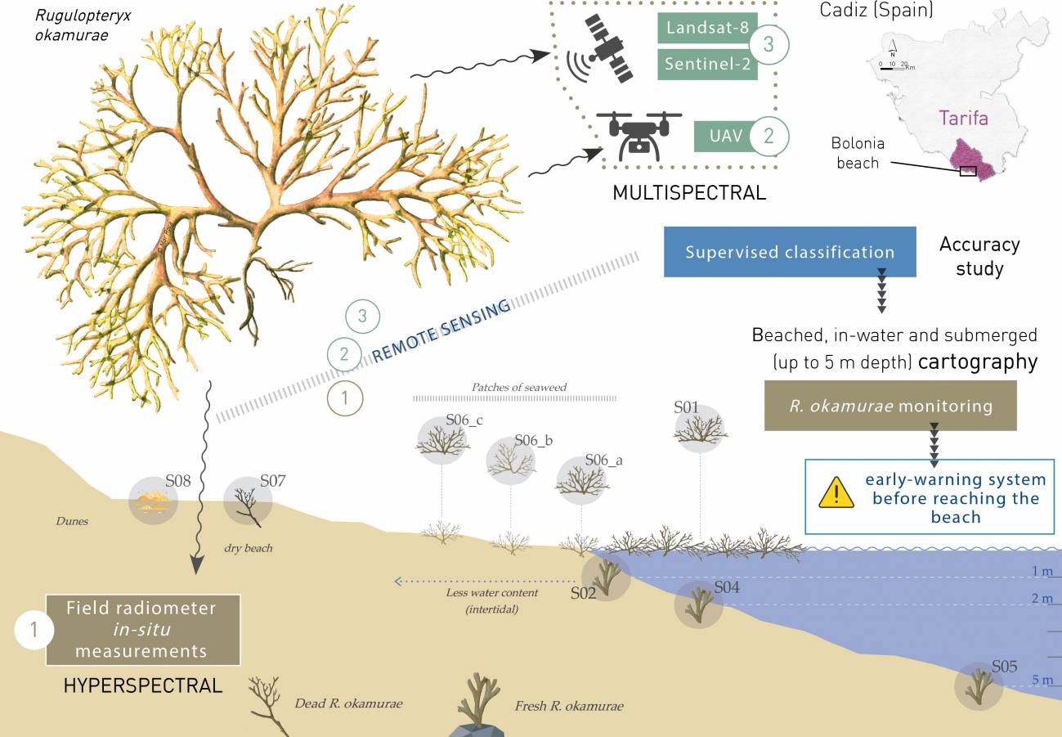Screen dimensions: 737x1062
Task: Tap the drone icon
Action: click(x=639, y=135)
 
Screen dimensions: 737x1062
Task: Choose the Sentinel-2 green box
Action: click(x=706, y=65)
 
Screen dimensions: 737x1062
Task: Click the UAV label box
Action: click(x=725, y=136)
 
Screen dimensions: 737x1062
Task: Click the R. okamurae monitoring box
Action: click(x=890, y=406)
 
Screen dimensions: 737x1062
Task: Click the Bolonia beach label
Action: click(x=857, y=153)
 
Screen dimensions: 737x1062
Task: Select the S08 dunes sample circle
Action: click(x=153, y=501)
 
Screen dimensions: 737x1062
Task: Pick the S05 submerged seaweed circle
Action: click(x=979, y=685)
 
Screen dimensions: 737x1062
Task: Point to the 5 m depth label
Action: click(x=1042, y=680)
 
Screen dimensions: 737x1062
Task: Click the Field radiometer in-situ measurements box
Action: click(x=143, y=630)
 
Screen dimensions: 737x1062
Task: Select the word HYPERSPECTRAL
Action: click(x=143, y=685)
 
